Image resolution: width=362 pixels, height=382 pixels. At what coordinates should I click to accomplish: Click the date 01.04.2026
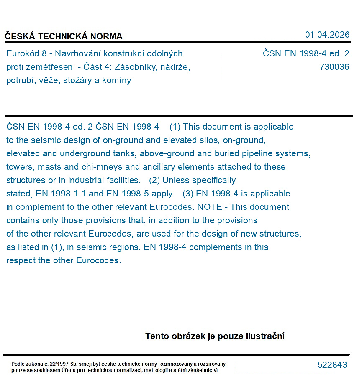[x=327, y=35]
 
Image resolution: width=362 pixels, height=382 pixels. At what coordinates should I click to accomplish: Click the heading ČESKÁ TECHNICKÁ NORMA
[x=64, y=36]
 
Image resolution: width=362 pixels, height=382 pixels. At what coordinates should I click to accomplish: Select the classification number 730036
[x=334, y=67]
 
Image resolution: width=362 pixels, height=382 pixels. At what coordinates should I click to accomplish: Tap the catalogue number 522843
[x=332, y=365]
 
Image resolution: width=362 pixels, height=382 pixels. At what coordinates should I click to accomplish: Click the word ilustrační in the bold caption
[x=265, y=336]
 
